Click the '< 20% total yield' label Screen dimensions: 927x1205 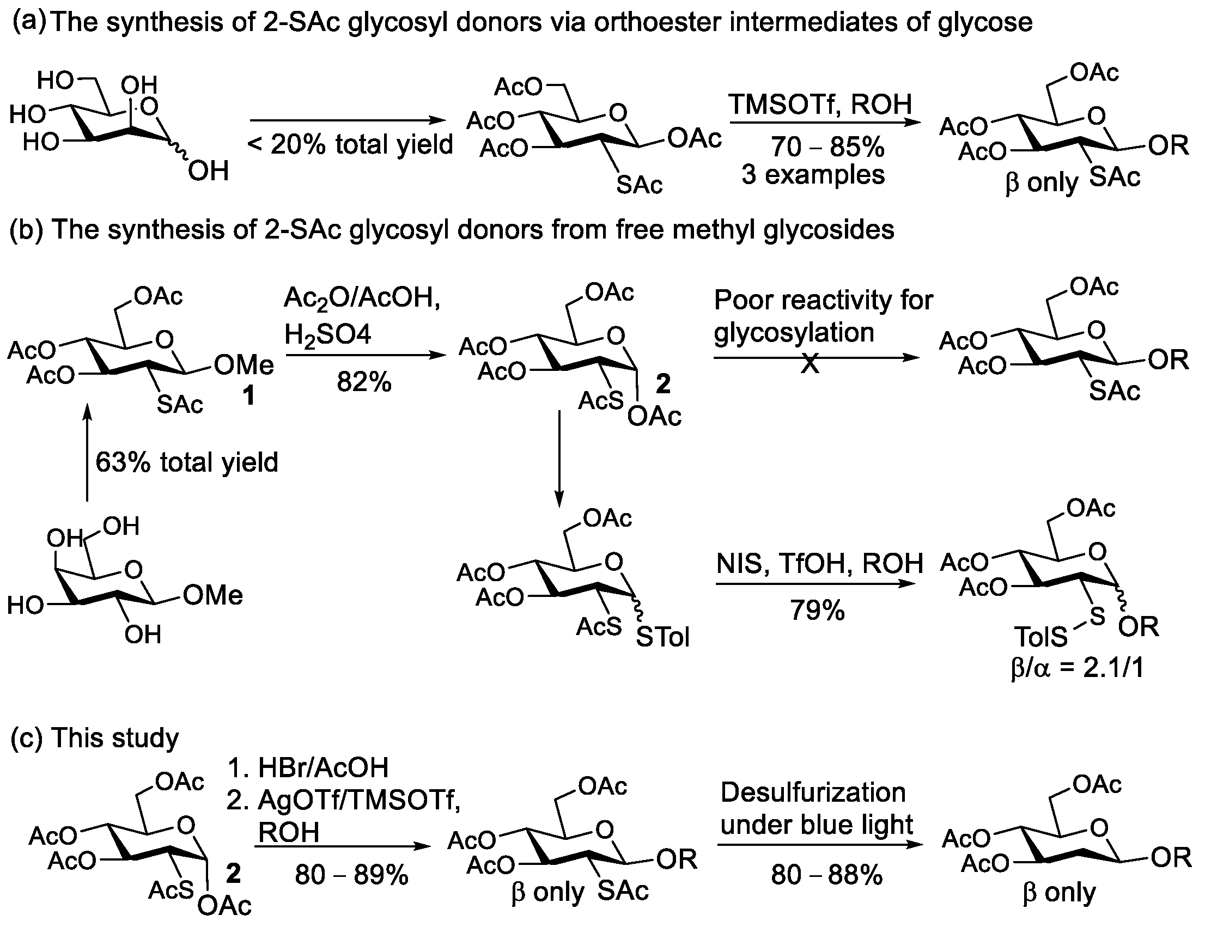click(350, 145)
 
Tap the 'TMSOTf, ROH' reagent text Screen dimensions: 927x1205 click(820, 104)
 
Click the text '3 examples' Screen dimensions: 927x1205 click(813, 175)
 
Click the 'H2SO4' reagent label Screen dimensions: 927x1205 click(328, 334)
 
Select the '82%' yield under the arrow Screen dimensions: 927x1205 click(363, 382)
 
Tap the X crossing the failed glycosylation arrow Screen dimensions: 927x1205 click(810, 363)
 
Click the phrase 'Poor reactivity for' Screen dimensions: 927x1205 click(823, 301)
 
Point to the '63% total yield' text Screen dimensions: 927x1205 click(186, 462)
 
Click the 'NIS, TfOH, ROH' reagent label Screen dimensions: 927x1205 click(819, 564)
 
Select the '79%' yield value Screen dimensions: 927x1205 click(817, 610)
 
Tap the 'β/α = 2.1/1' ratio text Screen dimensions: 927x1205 click(1076, 668)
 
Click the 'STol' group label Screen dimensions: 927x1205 click(662, 638)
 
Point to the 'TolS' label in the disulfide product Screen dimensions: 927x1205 click(1040, 638)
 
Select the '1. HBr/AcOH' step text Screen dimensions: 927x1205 click(308, 767)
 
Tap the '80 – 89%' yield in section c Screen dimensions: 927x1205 click(351, 875)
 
